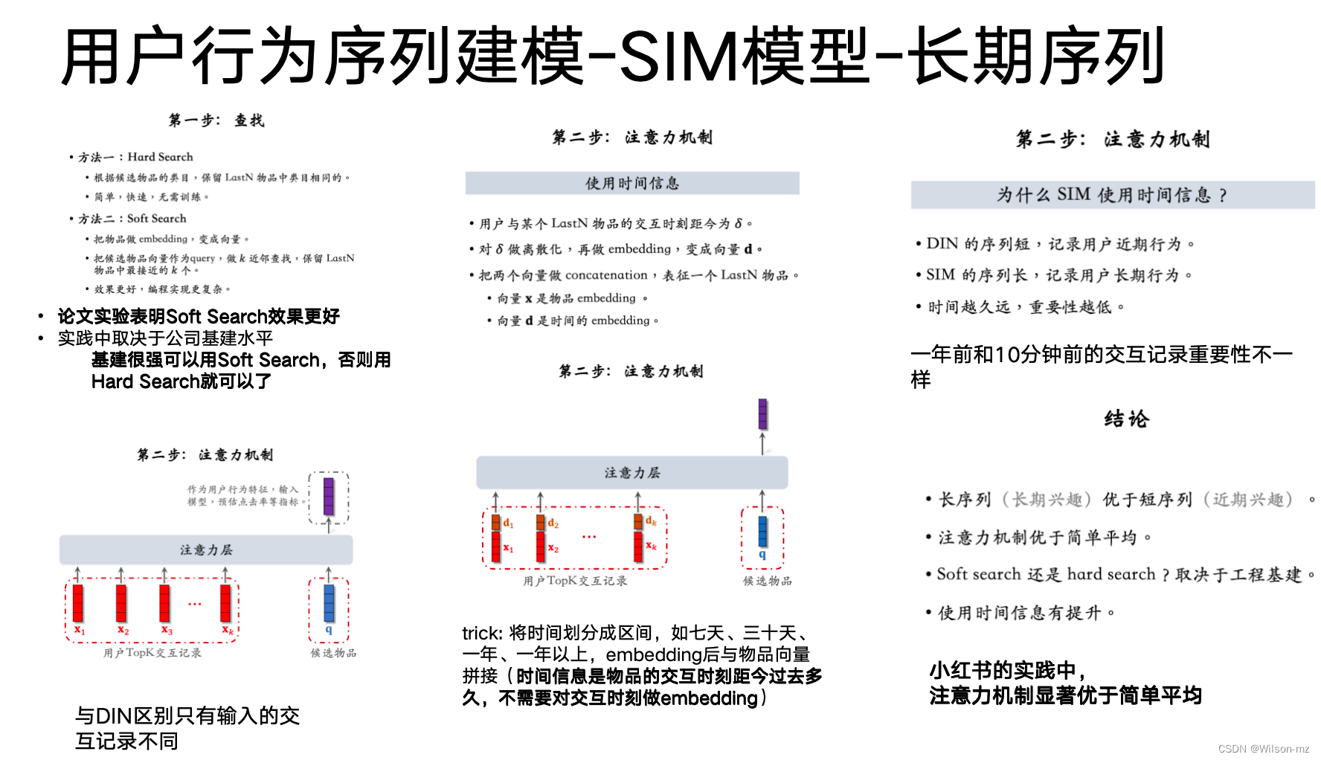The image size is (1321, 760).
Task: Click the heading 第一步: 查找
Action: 216,120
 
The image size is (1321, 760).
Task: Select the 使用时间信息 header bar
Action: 631,183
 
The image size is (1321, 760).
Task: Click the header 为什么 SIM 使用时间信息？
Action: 1112,195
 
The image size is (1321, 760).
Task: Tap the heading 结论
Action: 1126,419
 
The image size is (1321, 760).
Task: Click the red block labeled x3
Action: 164,602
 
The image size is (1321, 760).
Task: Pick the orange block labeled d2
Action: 541,523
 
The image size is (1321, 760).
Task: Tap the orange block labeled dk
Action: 638,521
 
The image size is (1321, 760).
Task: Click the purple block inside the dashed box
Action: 328,497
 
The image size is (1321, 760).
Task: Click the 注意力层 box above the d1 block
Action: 631,473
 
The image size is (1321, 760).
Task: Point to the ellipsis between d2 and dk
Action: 589,536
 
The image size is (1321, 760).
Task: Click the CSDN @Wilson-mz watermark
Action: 1263,749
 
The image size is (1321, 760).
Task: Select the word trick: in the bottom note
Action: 482,634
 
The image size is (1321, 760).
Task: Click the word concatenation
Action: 606,275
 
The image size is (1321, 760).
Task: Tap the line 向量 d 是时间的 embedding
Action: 577,321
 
